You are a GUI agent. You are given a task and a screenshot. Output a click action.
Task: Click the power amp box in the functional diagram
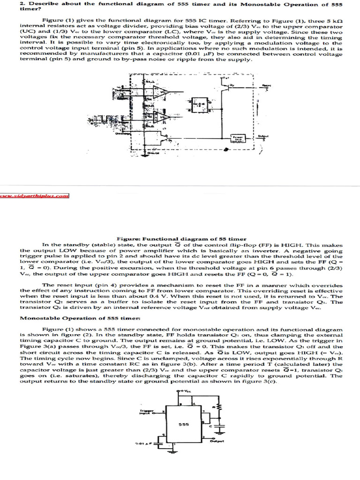point(238,138)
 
